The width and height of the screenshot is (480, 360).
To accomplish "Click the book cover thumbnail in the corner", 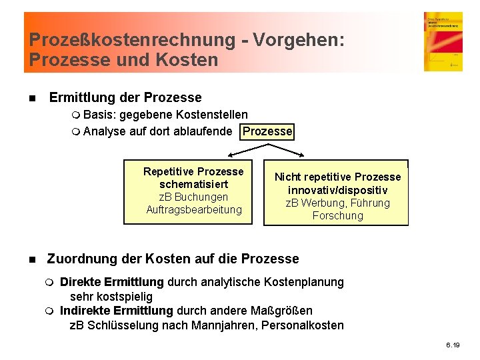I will [x=443, y=41].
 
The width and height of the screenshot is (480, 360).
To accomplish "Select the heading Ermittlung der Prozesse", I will [x=125, y=97].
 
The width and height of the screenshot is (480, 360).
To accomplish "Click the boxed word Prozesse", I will [x=267, y=131].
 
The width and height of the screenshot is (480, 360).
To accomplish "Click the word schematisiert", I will [x=194, y=184].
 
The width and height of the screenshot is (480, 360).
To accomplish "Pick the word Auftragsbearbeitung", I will [x=194, y=209].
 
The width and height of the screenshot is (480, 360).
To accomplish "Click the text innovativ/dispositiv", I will [x=337, y=190].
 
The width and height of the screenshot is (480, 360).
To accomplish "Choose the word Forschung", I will [x=337, y=215].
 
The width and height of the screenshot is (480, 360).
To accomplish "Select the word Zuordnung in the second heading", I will [x=79, y=259].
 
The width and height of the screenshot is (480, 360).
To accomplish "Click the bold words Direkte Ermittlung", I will [x=111, y=282].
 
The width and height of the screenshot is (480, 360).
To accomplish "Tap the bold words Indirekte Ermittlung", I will [x=116, y=311].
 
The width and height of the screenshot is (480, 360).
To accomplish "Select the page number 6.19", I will [x=453, y=345].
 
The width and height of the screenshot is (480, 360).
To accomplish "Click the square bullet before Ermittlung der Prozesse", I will [x=31, y=98].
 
